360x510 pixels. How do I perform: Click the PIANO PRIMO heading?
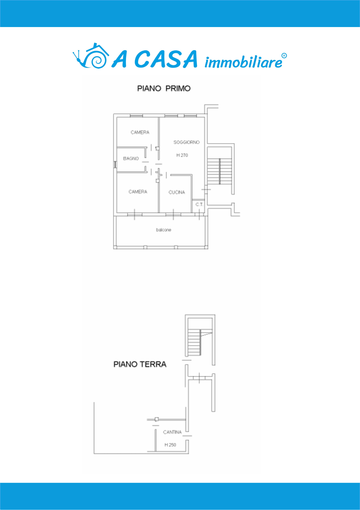164,88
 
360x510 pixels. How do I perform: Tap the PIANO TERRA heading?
140,365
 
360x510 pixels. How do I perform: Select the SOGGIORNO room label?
186,142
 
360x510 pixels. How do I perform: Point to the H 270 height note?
182,155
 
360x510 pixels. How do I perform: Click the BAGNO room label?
131,159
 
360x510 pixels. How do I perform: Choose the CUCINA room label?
176,192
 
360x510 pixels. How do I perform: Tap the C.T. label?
200,204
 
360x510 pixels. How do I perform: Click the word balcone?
163,230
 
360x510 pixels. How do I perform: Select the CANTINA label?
172,432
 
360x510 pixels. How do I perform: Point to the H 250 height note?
170,445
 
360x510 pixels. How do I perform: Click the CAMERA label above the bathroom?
140,132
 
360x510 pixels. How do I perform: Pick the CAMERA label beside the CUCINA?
138,192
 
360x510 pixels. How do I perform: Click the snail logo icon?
90,56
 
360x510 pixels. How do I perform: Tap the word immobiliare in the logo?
243,62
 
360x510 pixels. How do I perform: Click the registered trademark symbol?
284,56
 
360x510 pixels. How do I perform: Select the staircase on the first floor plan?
220,171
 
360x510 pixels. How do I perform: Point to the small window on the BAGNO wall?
115,165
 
